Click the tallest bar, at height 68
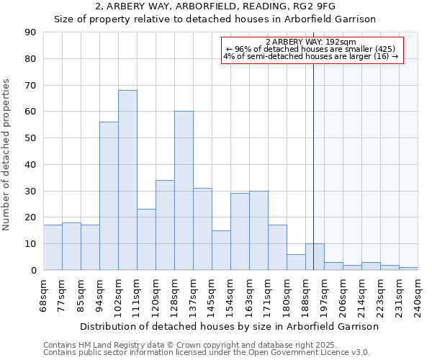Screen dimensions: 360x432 (x=127, y=180)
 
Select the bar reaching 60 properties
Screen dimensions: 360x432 (x=184, y=191)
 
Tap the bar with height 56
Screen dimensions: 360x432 (x=109, y=196)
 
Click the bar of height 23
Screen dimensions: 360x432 (x=146, y=239)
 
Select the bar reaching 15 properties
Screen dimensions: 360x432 (x=221, y=250)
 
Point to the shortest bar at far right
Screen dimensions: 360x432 (x=408, y=269)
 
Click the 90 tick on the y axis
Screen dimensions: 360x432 (x=30, y=32)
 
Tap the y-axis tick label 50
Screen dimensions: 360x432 (x=30, y=138)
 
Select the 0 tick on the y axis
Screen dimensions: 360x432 (x=33, y=270)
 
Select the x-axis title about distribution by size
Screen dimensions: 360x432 (x=229, y=326)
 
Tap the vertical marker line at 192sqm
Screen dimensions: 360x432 (x=314, y=166)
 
